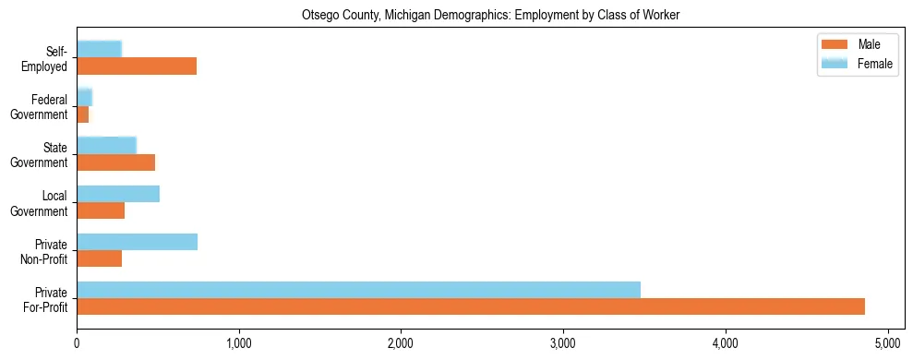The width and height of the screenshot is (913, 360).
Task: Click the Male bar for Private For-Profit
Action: (471, 306)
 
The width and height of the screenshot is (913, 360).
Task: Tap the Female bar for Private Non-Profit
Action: (137, 242)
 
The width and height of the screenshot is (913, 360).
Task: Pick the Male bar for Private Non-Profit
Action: (99, 258)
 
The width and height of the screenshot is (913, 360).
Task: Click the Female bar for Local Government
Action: (118, 194)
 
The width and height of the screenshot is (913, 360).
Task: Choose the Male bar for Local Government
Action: (101, 210)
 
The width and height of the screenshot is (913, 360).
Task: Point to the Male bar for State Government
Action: (115, 162)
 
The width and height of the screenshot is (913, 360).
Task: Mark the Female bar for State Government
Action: (106, 146)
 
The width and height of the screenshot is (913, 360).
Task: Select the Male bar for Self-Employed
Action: (137, 66)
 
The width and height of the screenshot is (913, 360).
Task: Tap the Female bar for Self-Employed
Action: (99, 50)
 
